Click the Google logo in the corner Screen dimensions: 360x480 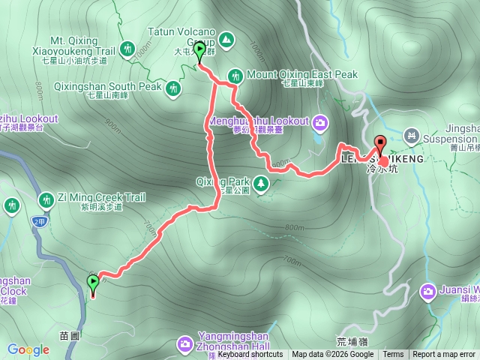(x=28, y=349)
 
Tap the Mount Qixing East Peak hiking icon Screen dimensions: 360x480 (x=235, y=75)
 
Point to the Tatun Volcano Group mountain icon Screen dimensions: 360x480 (x=226, y=39)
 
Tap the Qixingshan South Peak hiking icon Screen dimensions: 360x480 (x=174, y=88)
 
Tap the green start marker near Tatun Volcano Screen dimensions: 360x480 (x=199, y=51)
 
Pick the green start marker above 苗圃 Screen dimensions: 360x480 (x=93, y=283)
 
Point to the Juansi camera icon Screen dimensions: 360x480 (x=428, y=290)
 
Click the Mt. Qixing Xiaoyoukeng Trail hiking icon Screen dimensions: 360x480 (x=127, y=49)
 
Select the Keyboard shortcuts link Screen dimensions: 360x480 (x=250, y=355)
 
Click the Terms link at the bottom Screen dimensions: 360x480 (x=393, y=355)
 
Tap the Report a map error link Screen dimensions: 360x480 (x=444, y=355)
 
